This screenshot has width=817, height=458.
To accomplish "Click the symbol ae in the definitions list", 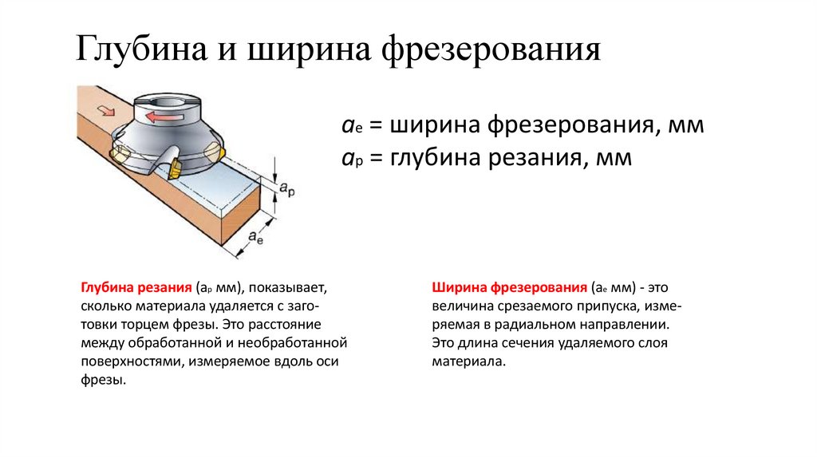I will click(x=349, y=128).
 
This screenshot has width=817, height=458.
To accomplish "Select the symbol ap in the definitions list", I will click(x=349, y=159).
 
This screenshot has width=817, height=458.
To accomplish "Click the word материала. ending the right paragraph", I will click(x=469, y=361).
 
